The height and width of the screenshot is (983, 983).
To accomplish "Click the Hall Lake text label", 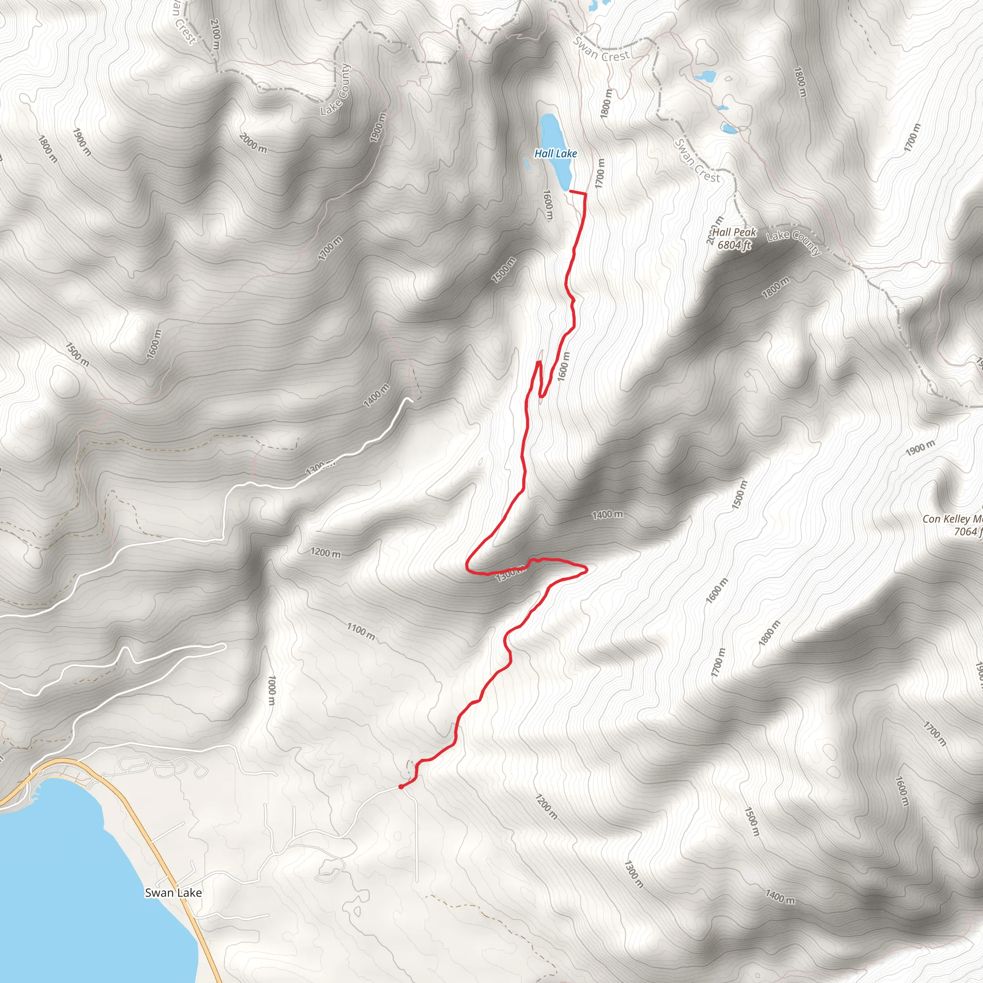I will pos(555,153).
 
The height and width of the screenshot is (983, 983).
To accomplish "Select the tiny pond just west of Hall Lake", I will pos(527,163).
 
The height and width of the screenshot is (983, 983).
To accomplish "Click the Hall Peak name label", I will pos(734,232).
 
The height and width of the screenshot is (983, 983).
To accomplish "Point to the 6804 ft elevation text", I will pos(734,245).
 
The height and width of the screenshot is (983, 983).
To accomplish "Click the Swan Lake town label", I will pos(173,892).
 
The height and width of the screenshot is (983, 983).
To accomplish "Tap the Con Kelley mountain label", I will pos(952,519).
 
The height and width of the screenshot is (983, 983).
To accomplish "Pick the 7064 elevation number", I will pos(965,532).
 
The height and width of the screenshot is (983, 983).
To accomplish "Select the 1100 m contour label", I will pos(361,632).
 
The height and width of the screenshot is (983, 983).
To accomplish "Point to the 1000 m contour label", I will pos(272,690).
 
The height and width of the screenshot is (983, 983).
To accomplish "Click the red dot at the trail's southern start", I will pos(401,787).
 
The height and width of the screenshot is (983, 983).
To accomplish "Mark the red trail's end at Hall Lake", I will pos(569,192).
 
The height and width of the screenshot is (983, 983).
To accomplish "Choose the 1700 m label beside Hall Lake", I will pos(600,173).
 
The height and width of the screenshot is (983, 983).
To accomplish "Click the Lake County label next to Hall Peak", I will pos(794,243).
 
